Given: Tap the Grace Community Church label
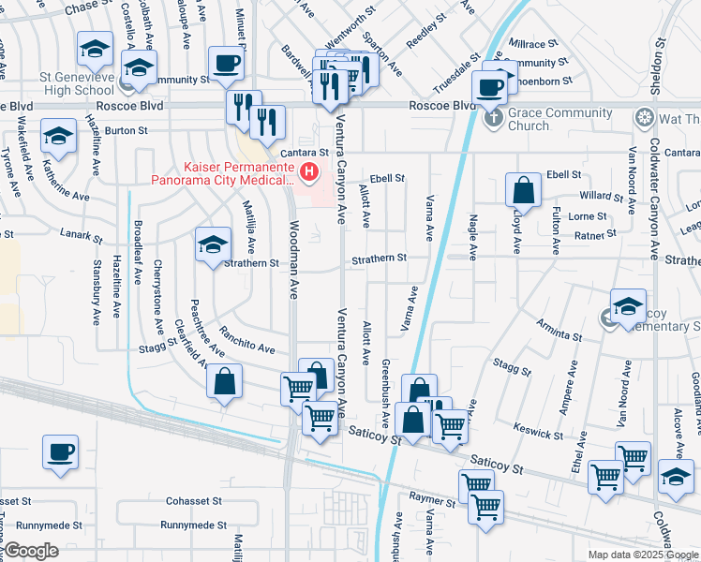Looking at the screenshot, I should coord(557,120).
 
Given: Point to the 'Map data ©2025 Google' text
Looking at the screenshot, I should coord(642,555).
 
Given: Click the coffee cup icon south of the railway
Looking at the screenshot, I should coord(60,452).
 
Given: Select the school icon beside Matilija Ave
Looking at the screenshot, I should coord(213,245).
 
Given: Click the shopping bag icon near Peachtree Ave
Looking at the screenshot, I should coord(224,382).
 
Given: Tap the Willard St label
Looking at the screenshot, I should coord(600,197).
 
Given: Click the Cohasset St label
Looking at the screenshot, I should coord(194,501).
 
